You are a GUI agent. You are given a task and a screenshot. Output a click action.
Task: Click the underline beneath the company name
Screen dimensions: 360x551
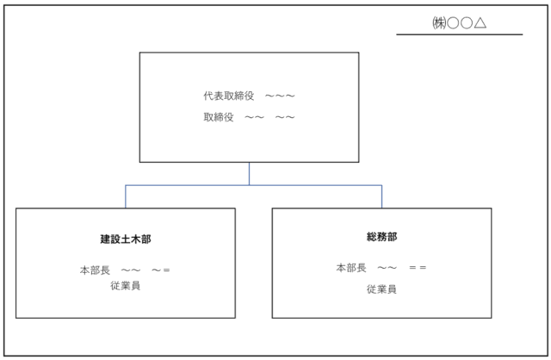click(459, 34)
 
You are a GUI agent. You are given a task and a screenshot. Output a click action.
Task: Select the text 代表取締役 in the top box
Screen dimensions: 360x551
click(228, 96)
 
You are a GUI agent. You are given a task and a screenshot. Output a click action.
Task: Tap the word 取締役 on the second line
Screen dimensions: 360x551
click(220, 116)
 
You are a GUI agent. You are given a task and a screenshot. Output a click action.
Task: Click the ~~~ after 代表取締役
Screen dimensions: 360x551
click(281, 96)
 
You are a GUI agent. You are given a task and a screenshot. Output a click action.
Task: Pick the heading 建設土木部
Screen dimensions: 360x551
click(126, 239)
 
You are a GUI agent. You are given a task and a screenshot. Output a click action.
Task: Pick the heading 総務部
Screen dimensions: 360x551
click(381, 236)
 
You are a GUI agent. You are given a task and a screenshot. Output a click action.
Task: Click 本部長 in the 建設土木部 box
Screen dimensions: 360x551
click(95, 270)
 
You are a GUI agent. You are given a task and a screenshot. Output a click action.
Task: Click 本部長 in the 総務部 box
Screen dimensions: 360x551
click(351, 268)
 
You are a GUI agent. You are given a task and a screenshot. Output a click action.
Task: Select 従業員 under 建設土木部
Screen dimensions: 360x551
click(125, 286)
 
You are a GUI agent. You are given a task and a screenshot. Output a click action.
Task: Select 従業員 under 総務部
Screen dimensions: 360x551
click(381, 289)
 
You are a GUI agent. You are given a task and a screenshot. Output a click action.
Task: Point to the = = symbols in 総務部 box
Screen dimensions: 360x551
click(418, 268)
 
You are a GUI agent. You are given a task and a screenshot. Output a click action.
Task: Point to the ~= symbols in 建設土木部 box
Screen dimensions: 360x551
click(161, 270)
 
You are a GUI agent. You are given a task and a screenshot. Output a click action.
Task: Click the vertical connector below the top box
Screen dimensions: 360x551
click(250, 173)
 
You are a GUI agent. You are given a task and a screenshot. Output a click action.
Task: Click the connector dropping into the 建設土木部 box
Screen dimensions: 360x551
click(126, 196)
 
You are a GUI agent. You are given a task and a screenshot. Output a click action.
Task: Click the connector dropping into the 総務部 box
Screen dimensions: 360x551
click(382, 196)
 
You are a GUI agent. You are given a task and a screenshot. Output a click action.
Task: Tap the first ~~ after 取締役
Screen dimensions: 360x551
click(254, 116)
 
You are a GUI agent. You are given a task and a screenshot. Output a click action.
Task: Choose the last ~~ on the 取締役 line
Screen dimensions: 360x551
click(286, 116)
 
